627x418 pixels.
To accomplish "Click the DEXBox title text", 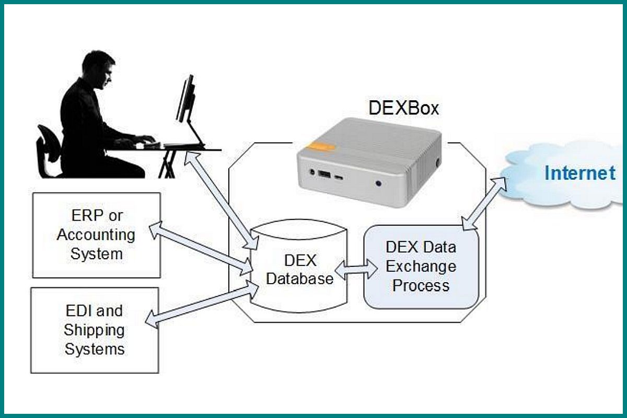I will (x=404, y=108).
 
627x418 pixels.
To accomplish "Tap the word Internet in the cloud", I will (x=579, y=173).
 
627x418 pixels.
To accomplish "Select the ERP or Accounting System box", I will (x=96, y=235).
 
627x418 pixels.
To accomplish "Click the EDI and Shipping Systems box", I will (x=95, y=330).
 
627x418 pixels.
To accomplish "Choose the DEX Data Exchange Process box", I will (x=421, y=266).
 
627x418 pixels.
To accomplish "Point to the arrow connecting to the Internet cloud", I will (x=485, y=203).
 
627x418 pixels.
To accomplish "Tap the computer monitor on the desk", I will (x=185, y=99).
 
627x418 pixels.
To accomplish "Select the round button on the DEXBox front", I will (x=378, y=183).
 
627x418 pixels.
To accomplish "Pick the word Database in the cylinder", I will (x=300, y=278).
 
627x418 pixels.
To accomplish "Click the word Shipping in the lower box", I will (x=95, y=330).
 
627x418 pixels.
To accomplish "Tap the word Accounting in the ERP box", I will (x=96, y=235).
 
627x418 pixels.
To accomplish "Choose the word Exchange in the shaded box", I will (x=421, y=266).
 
